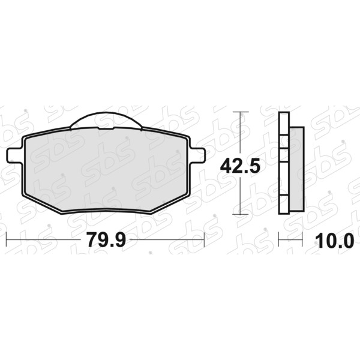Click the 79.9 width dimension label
pos(106,240)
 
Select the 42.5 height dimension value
pos(240,166)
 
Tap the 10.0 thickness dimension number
pos(335,241)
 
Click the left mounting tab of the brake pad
pos(14,156)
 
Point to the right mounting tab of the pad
pos(197,155)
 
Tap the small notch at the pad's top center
pos(106,128)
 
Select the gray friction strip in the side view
pos(296,169)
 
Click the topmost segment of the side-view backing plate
pos(284,123)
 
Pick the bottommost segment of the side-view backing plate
pos(284,205)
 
